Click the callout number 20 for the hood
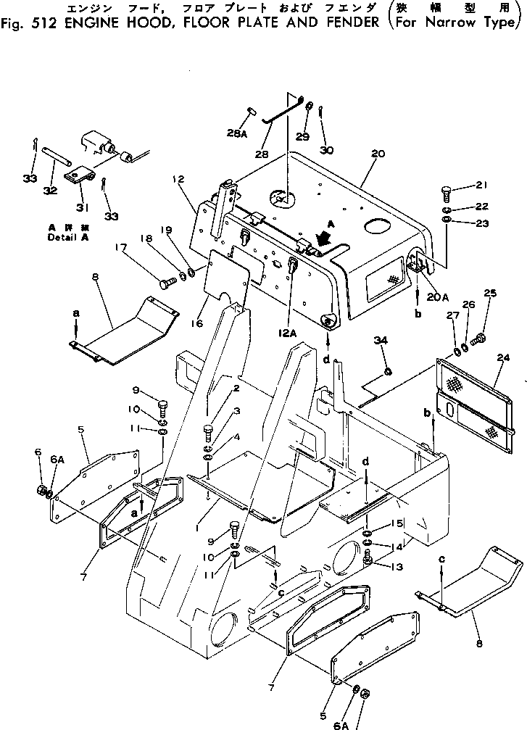(377, 154)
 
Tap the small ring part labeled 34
(388, 372)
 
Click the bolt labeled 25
(478, 338)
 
